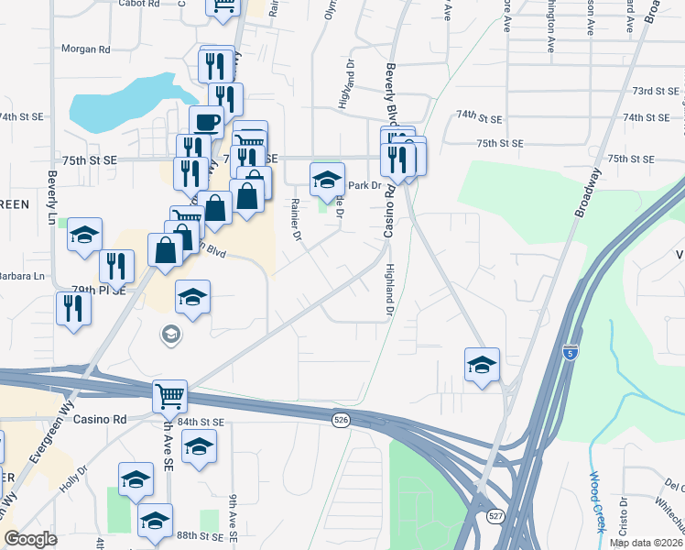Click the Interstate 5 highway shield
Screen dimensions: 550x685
click(x=571, y=353)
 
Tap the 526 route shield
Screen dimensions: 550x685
click(x=341, y=419)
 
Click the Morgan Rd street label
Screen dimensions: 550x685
click(x=85, y=49)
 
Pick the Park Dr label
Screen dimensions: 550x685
click(x=364, y=185)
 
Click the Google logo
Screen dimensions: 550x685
click(x=31, y=539)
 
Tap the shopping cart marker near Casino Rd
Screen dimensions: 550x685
click(x=169, y=396)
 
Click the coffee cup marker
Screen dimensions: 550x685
click(x=206, y=121)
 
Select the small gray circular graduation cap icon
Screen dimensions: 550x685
click(x=169, y=335)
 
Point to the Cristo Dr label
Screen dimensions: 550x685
click(x=623, y=516)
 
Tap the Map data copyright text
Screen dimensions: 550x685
click(x=645, y=543)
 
